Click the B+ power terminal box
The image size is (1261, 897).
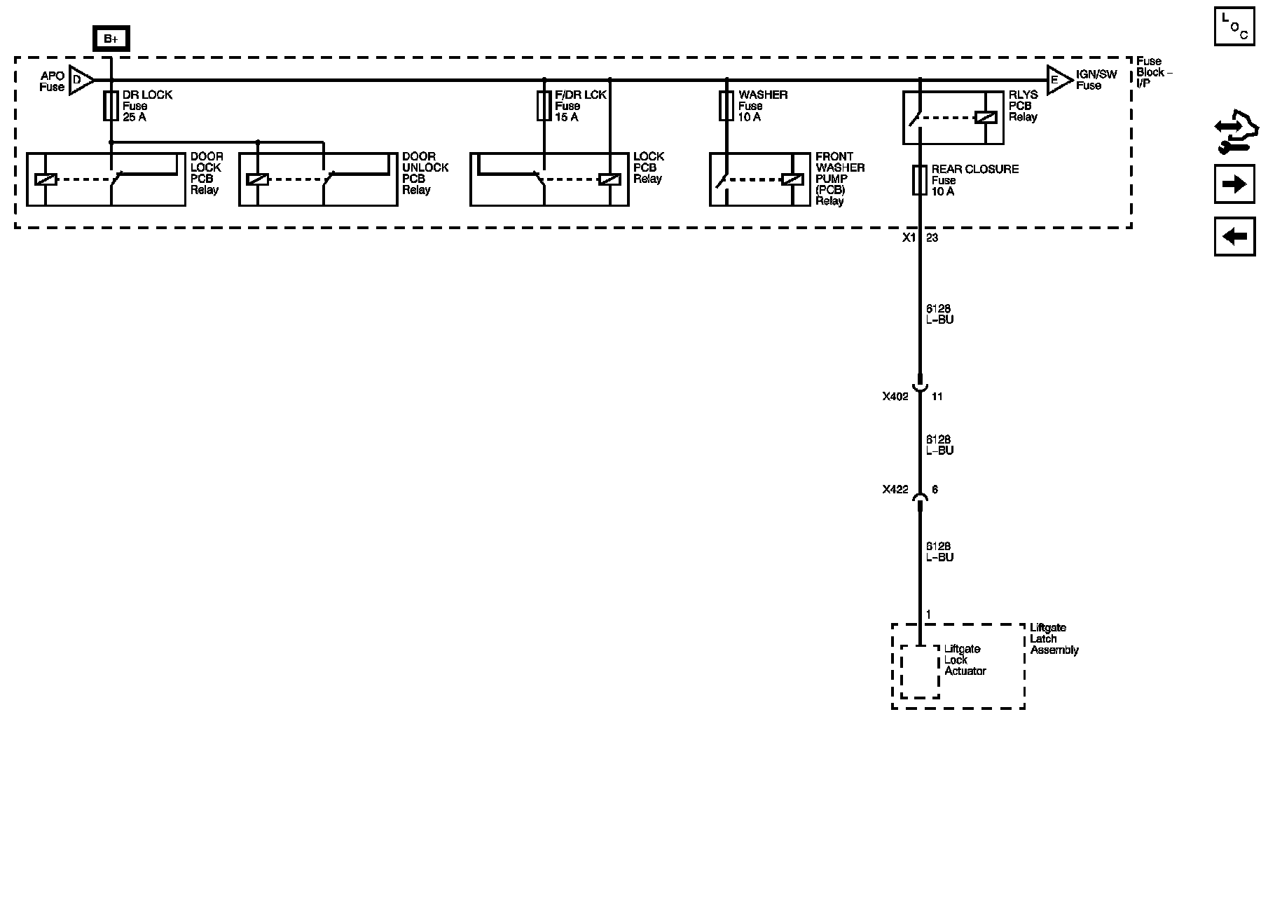(x=111, y=39)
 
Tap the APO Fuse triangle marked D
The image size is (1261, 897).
(x=80, y=80)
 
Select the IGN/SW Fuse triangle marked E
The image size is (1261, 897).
(x=1058, y=80)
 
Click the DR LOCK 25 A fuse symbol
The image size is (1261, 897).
(x=111, y=106)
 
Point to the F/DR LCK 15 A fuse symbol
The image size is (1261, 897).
(x=544, y=106)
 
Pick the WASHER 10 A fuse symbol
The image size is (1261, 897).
(x=726, y=106)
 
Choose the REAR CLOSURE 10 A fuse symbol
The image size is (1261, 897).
(x=920, y=180)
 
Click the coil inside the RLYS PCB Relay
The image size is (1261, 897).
(x=985, y=118)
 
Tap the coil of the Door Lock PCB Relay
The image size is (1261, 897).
(x=46, y=179)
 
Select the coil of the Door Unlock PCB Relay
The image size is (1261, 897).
(x=258, y=179)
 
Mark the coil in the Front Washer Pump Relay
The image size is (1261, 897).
(x=792, y=179)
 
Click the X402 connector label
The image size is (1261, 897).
(x=895, y=397)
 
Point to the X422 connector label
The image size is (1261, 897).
(x=895, y=490)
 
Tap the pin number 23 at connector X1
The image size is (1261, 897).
(x=932, y=238)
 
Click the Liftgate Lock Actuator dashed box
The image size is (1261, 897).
(x=920, y=671)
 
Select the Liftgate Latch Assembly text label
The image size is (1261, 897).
(x=1054, y=639)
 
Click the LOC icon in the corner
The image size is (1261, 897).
(x=1234, y=27)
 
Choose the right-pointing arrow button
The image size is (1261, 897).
(x=1234, y=184)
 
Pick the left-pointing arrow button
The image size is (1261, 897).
(x=1234, y=236)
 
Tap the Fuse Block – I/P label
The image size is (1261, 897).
(x=1153, y=72)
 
